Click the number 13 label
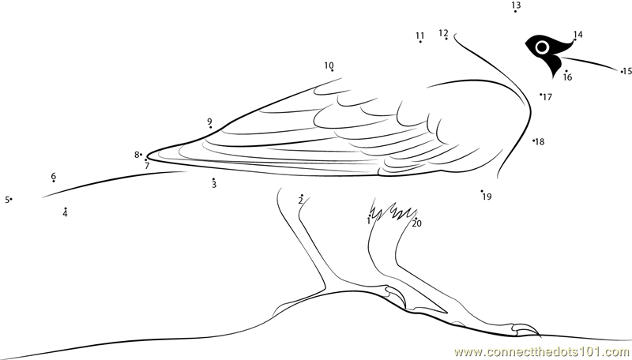tap(516, 6)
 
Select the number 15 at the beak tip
tap(627, 72)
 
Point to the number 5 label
tap(6, 200)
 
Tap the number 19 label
tap(487, 197)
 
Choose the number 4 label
tap(65, 214)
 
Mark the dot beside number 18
tap(533, 141)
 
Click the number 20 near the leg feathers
tap(417, 223)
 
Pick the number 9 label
tap(209, 122)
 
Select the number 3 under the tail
tap(213, 186)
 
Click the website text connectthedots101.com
tap(542, 351)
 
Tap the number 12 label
tap(443, 33)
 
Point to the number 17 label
tap(547, 97)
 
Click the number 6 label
tap(54, 176)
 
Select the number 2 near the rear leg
tap(300, 201)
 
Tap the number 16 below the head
tap(567, 77)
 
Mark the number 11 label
tap(419, 36)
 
